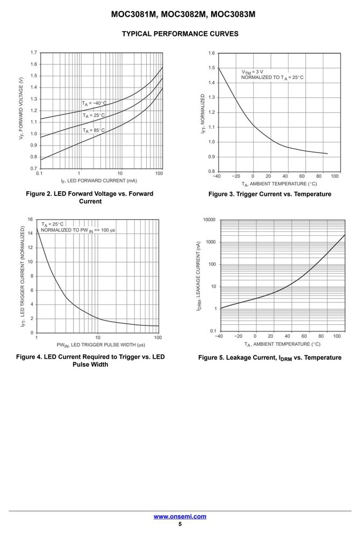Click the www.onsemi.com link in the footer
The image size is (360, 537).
pyautogui.click(x=180, y=517)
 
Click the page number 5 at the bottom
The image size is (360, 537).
pyautogui.click(x=180, y=524)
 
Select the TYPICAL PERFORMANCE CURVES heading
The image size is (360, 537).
pyautogui.click(x=180, y=34)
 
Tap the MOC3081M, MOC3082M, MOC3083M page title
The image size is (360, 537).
pyautogui.click(x=183, y=14)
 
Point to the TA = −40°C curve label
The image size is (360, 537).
pyautogui.click(x=94, y=104)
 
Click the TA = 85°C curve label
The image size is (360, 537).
pyautogui.click(x=93, y=130)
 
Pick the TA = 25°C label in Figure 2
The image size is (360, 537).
pyautogui.click(x=93, y=115)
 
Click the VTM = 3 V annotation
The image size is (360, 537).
pyautogui.click(x=253, y=72)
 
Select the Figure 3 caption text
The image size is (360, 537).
pyautogui.click(x=270, y=194)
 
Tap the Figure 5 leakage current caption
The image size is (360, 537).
pyautogui.click(x=270, y=358)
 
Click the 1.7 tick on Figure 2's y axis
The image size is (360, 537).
pyautogui.click(x=33, y=53)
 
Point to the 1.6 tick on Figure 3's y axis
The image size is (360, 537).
pyautogui.click(x=212, y=53)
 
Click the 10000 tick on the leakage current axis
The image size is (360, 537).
pyautogui.click(x=210, y=220)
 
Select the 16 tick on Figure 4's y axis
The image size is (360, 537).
pyautogui.click(x=31, y=219)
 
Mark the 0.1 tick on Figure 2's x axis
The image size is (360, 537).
pyautogui.click(x=39, y=173)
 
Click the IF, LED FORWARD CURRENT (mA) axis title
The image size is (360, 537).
pyautogui.click(x=99, y=181)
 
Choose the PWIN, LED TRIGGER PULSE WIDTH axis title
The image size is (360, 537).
pyautogui.click(x=100, y=345)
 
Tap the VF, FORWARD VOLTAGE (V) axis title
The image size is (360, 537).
pyautogui.click(x=21, y=108)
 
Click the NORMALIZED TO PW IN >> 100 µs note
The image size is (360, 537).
pyautogui.click(x=78, y=230)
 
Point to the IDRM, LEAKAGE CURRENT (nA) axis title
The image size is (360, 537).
pyautogui.click(x=199, y=277)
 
